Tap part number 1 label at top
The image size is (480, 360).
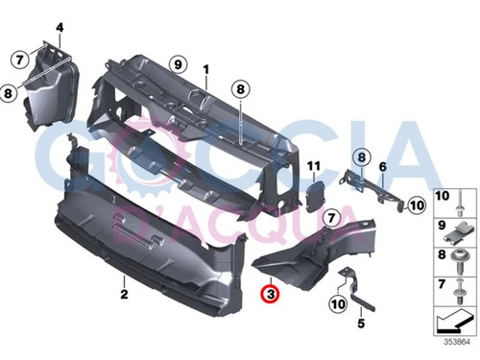(x=204, y=69)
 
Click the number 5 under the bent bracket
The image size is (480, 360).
(x=362, y=324)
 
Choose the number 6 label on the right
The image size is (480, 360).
(x=382, y=167)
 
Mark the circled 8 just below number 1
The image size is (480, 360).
(x=239, y=89)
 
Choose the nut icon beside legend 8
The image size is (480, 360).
(x=463, y=258)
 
